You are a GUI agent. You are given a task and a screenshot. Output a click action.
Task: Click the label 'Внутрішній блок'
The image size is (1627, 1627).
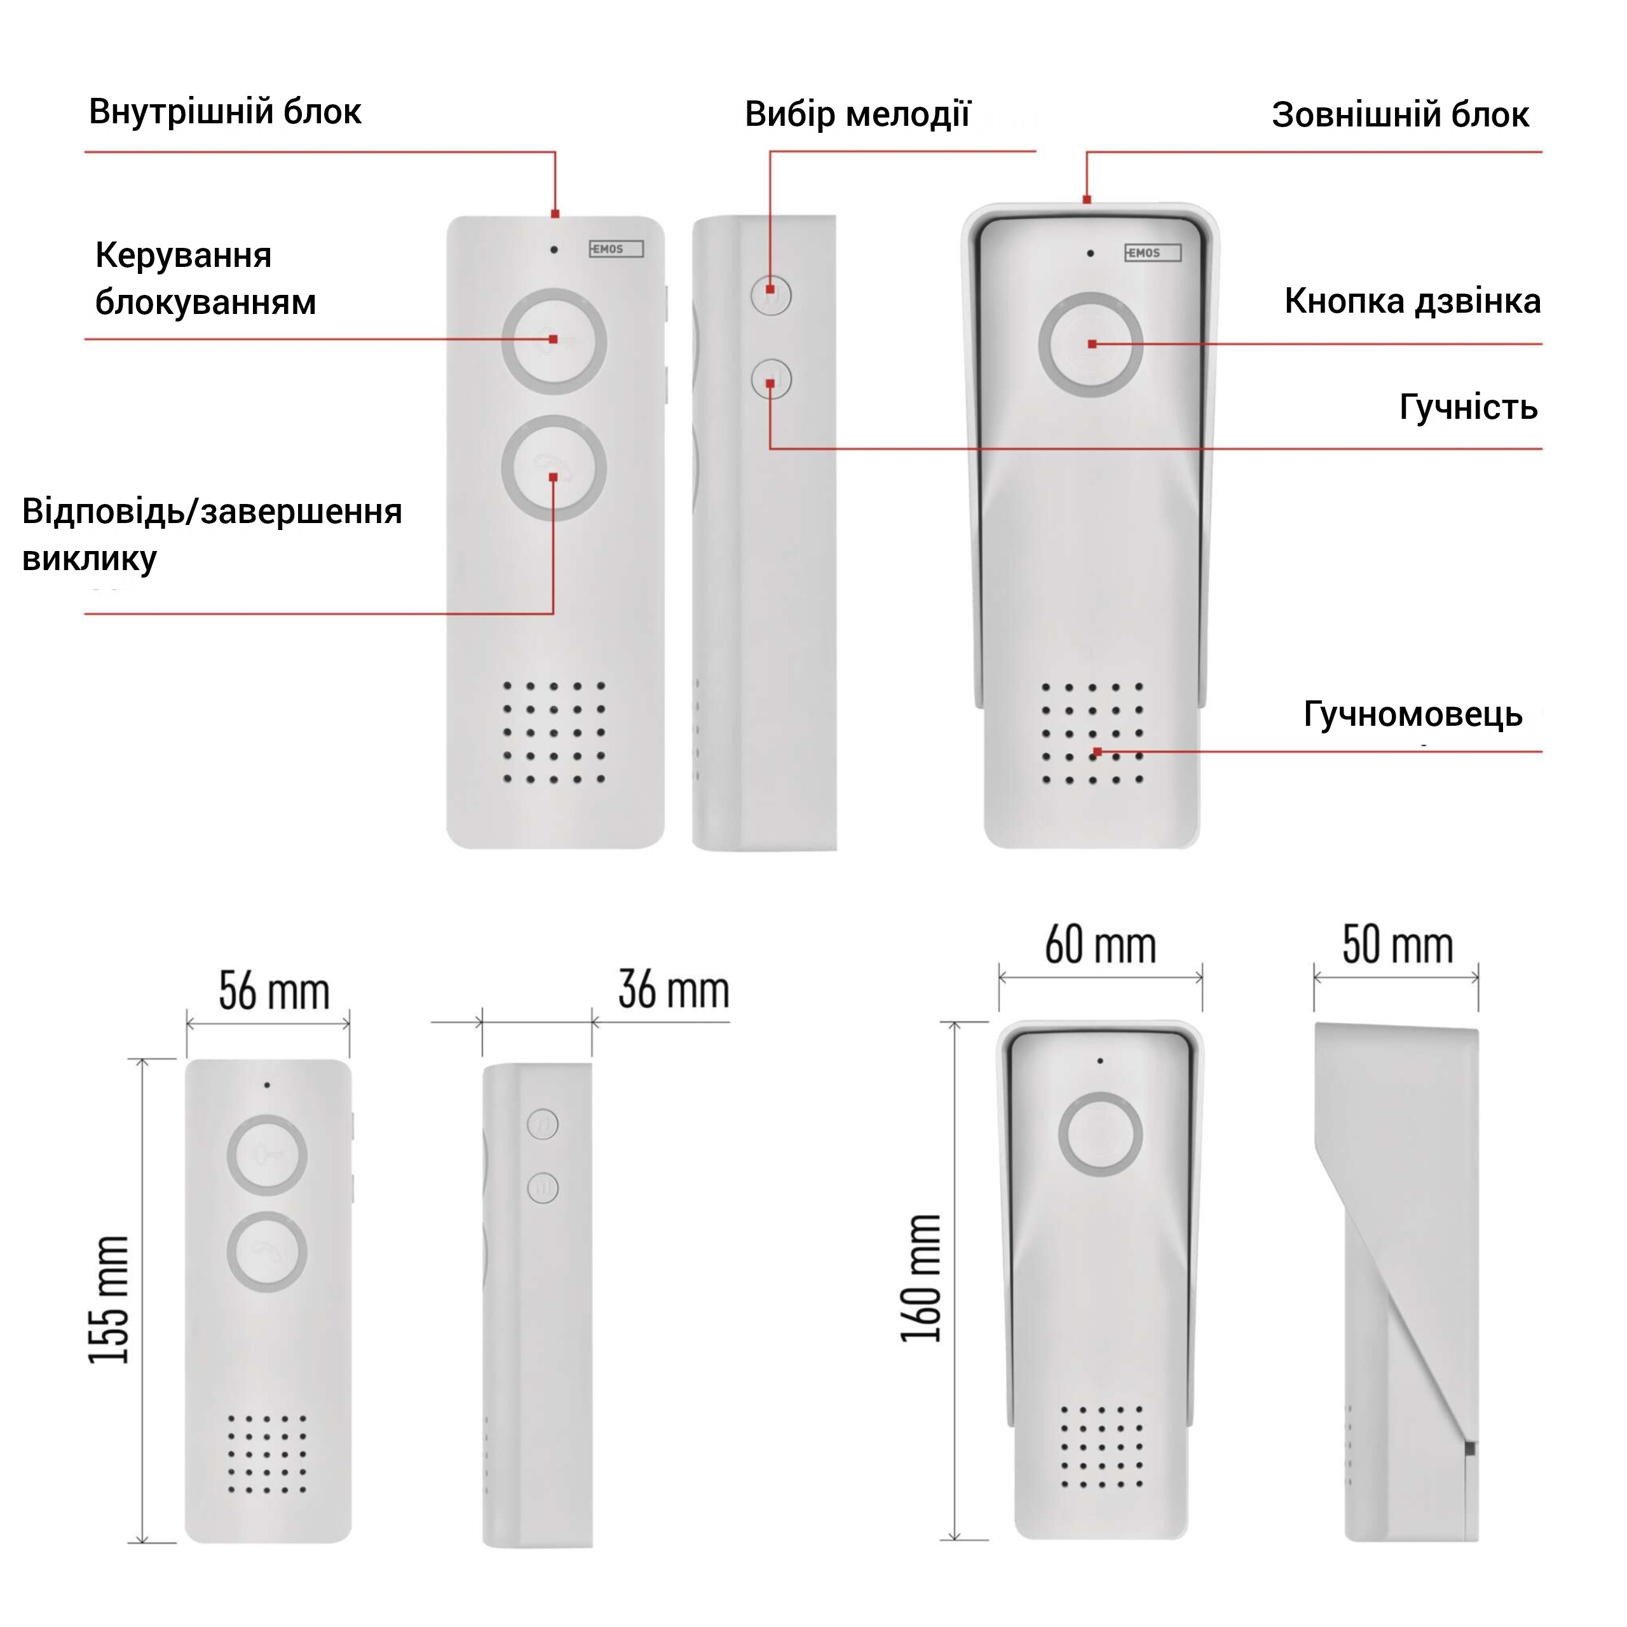click(225, 112)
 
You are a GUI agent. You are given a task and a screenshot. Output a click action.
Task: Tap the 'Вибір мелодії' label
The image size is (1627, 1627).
click(857, 114)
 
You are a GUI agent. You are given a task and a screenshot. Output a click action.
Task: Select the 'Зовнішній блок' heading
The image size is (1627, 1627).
click(1401, 116)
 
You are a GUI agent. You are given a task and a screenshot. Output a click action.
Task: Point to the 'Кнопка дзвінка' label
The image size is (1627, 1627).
click(1412, 301)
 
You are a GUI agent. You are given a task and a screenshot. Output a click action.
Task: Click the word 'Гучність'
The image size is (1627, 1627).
click(1469, 407)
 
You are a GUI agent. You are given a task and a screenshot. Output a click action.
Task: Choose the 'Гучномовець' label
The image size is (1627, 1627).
click(1413, 714)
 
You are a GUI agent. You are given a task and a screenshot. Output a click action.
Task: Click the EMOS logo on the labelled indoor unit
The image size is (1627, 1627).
click(616, 249)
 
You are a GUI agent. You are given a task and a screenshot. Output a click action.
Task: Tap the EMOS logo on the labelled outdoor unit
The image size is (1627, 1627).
click(1153, 253)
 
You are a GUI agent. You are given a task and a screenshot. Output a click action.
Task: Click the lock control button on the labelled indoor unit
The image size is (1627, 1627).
click(554, 341)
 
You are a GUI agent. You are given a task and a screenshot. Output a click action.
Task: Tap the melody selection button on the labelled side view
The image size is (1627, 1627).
click(770, 295)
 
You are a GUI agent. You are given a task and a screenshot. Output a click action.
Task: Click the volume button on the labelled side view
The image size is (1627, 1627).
click(770, 380)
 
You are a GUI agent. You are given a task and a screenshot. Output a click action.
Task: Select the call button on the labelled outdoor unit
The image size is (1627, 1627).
click(1091, 344)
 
